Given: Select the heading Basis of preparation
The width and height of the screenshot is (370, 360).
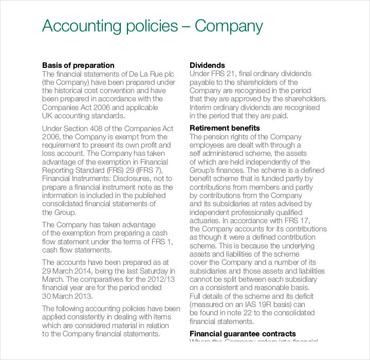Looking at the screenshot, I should point(78,65).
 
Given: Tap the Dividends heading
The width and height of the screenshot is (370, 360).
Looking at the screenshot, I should point(207,65).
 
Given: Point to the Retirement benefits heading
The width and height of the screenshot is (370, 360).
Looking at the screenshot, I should point(225,128).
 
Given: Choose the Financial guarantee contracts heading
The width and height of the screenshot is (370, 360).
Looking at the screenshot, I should point(243,334).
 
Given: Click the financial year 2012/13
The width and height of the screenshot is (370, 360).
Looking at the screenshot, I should point(161,279).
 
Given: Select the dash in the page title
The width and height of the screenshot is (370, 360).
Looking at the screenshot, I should point(185,27).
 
